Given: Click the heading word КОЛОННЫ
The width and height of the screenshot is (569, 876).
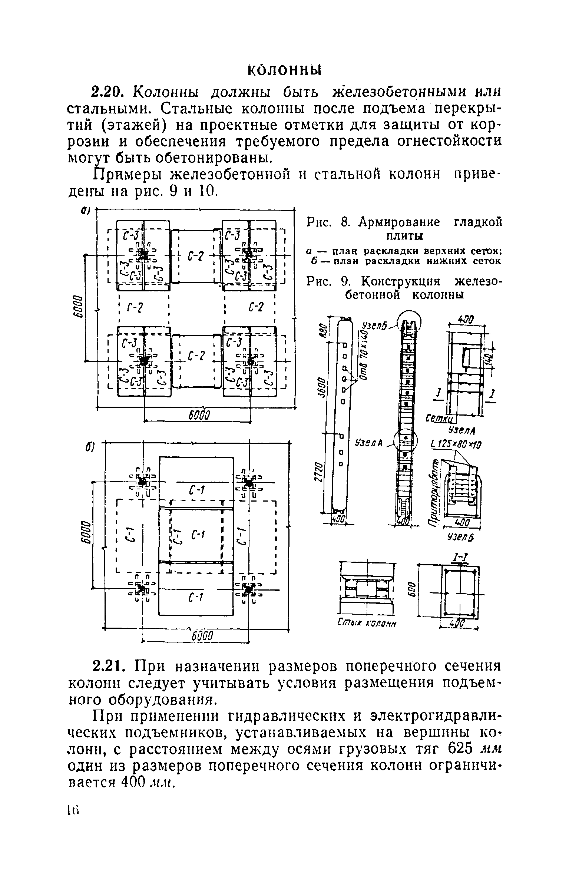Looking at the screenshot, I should [284, 69].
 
